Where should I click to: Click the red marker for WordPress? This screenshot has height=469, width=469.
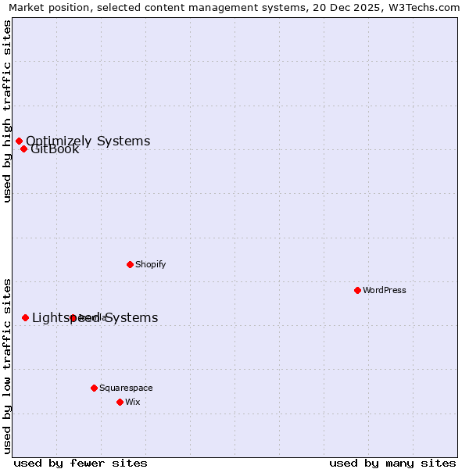(357, 290)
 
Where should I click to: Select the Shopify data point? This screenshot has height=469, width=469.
(130, 264)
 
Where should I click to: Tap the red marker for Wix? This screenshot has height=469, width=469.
(120, 402)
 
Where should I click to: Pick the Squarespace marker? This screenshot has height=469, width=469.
(94, 388)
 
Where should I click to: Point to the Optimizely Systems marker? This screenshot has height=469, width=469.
(19, 141)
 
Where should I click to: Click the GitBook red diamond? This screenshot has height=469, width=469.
(23, 149)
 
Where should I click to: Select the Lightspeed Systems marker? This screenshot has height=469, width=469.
(25, 317)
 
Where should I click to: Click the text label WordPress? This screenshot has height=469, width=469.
(385, 290)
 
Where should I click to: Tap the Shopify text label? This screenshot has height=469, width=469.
(151, 264)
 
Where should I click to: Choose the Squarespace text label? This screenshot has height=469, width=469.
(126, 388)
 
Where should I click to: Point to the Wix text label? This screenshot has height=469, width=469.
(133, 402)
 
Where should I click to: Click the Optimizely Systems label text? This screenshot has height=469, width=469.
(88, 141)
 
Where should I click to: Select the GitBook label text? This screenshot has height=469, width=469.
(55, 149)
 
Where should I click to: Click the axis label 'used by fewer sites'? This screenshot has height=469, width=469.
(81, 463)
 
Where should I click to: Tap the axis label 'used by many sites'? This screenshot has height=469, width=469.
(392, 463)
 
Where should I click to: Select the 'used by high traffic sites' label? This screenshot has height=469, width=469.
(7, 111)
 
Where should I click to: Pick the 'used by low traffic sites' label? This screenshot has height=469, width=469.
(7, 365)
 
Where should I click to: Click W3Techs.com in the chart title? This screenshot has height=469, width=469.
(423, 7)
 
